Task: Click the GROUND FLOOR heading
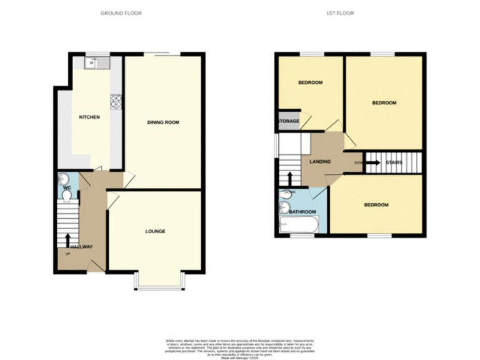[x=121, y=12]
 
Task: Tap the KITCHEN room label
[x=89, y=117]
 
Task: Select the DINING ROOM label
[x=163, y=122]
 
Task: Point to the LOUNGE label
[x=155, y=231]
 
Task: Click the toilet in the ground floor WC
[x=67, y=196]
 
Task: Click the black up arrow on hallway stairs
[x=67, y=239]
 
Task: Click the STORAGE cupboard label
[x=289, y=121]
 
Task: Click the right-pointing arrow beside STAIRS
[x=372, y=163]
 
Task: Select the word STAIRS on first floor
[x=394, y=163]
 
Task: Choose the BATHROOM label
[x=302, y=212]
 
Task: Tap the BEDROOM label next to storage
[x=310, y=83]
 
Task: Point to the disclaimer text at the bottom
[x=240, y=347]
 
